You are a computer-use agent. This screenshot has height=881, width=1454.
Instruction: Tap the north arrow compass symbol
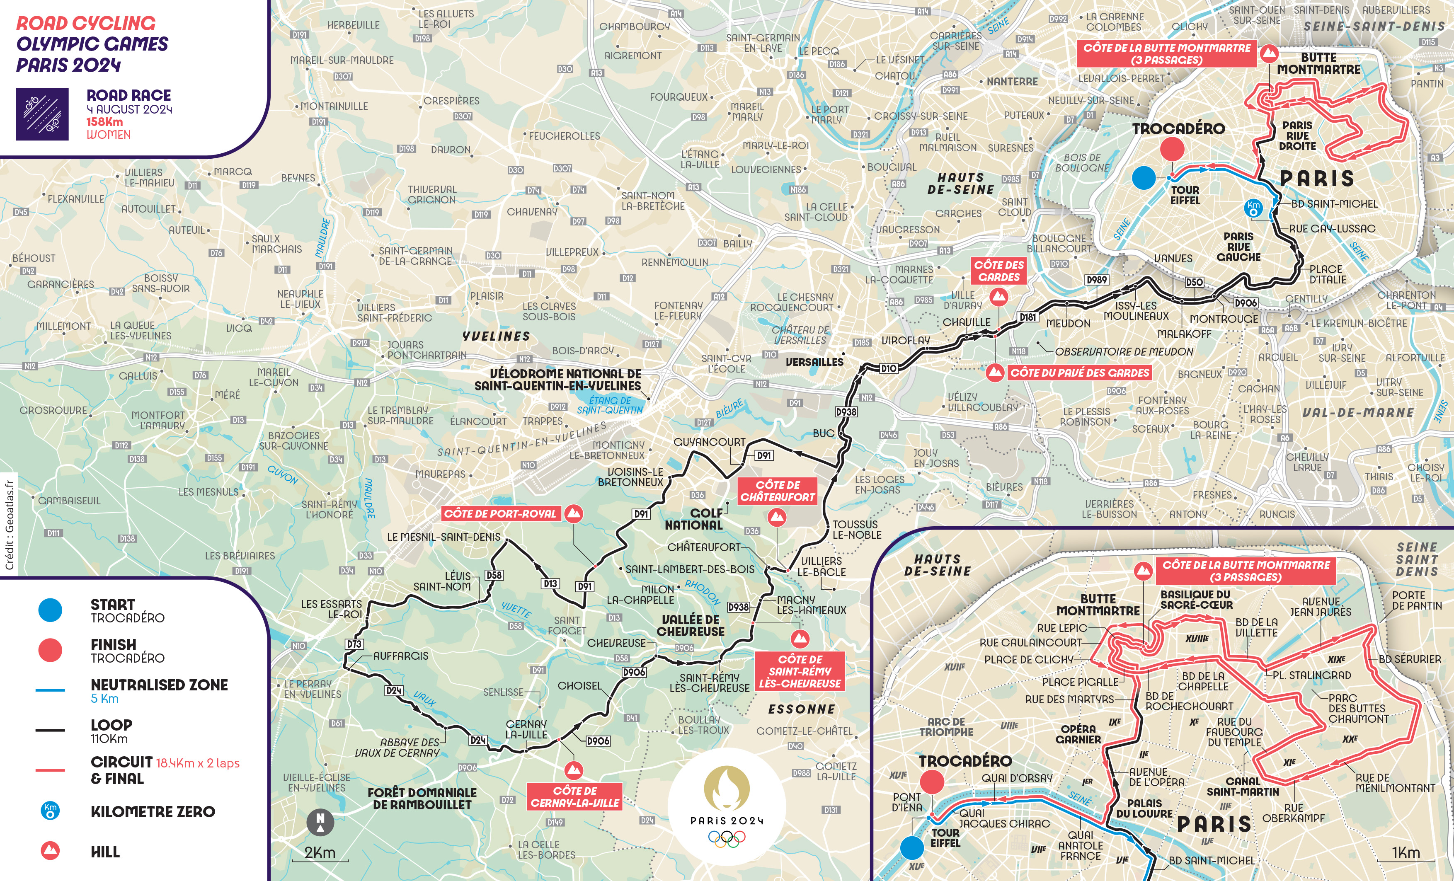[x=320, y=823]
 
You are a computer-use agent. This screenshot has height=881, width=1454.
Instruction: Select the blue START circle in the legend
[x=50, y=610]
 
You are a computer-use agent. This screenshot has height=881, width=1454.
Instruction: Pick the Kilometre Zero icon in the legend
[x=50, y=811]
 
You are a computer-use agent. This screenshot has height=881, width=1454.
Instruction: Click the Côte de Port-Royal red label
[x=500, y=514]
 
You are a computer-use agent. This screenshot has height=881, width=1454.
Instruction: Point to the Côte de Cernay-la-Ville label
[x=575, y=796]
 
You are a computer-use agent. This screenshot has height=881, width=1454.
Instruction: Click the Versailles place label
[x=814, y=362]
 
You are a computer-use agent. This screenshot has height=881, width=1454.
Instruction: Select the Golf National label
[x=694, y=519]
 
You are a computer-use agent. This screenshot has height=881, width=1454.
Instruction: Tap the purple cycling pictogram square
[x=42, y=114]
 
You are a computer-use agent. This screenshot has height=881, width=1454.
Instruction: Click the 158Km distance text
[x=104, y=121]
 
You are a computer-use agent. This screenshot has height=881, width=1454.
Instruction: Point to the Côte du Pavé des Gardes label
[x=1079, y=373]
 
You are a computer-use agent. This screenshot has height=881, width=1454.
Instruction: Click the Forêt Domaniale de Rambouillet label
[x=422, y=799]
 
